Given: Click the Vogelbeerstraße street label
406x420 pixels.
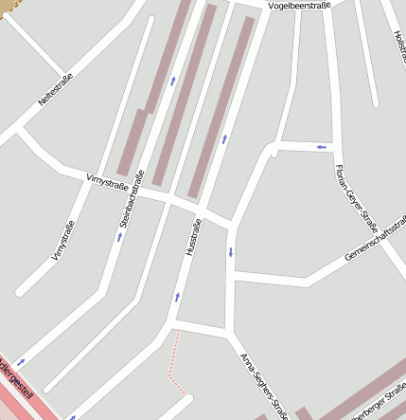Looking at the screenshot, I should [x=299, y=6].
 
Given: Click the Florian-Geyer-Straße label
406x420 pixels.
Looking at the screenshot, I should [x=357, y=198].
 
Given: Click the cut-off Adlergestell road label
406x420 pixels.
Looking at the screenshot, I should [x=19, y=379].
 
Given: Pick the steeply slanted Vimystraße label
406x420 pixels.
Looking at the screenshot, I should [x=62, y=240].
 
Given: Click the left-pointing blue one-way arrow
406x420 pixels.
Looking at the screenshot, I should [x=322, y=147].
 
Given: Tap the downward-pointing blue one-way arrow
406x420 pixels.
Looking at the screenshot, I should [x=230, y=252].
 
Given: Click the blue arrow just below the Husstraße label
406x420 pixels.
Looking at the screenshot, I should [x=176, y=297].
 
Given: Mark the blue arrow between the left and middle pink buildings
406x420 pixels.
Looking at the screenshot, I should [x=173, y=81].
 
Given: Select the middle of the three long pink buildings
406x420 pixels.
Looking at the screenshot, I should [x=184, y=95].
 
